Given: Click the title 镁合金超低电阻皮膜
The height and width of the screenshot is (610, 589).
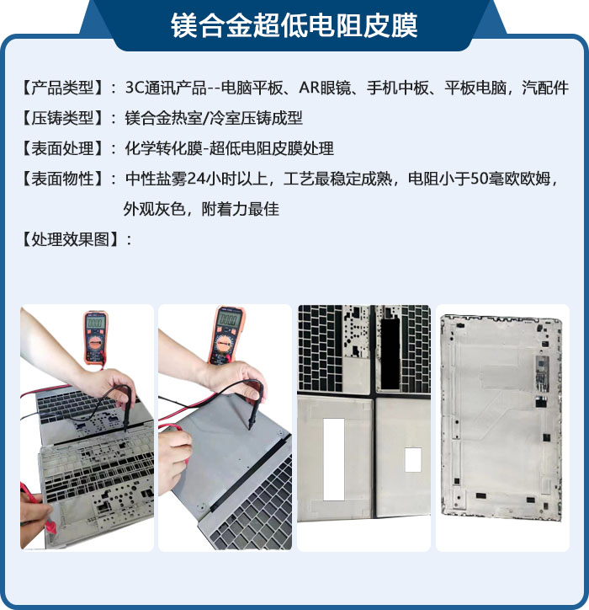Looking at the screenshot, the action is click(294, 25).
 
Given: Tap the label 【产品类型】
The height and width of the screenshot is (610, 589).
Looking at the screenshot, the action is click(62, 88).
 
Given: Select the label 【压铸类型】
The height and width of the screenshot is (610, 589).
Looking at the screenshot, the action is click(62, 118).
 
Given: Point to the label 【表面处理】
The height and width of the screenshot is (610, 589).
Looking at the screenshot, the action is click(62, 148).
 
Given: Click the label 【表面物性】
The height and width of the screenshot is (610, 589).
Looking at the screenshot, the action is click(62, 179).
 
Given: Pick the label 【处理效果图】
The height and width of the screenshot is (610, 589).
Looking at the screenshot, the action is click(70, 239).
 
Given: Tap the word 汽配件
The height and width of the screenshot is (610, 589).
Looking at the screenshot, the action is click(545, 88).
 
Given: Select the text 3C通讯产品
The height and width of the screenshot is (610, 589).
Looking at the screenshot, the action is click(166, 88).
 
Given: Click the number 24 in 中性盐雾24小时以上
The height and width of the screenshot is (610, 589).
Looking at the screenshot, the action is click(197, 179).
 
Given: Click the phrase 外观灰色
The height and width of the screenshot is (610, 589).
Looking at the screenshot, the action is click(154, 209).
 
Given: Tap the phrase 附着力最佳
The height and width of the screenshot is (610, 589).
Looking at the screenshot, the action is click(240, 209).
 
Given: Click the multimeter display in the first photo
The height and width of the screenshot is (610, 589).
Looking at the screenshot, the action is click(95, 322).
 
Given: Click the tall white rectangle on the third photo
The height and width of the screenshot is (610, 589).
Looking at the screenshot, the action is click(334, 459).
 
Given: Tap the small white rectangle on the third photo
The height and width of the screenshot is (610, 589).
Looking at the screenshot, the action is click(413, 460).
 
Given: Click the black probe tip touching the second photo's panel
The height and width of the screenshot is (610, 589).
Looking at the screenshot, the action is click(249, 427).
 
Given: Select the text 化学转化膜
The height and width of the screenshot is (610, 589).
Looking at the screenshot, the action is click(163, 148).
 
